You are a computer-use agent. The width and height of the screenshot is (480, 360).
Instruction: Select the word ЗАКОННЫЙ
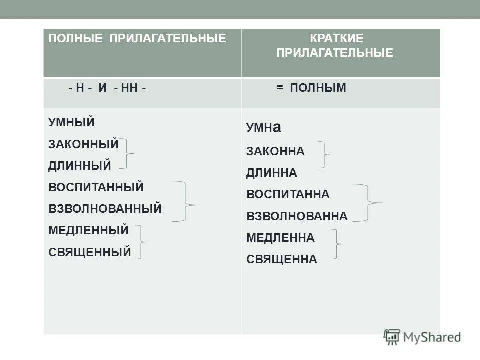83,144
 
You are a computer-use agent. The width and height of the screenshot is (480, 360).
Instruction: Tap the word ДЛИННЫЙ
80,165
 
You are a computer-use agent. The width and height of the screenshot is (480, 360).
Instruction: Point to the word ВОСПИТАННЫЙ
96,187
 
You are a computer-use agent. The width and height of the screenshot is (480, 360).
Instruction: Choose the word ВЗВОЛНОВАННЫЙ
105,209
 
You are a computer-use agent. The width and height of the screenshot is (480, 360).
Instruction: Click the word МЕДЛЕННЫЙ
88,230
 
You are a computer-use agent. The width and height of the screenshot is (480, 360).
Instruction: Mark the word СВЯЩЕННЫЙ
90,252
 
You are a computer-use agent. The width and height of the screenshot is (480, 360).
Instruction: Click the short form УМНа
264,128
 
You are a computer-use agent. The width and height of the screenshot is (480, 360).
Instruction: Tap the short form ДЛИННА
272,173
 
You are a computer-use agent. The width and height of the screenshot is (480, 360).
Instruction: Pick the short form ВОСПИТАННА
288,194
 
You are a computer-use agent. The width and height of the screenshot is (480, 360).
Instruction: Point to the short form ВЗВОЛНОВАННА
297,216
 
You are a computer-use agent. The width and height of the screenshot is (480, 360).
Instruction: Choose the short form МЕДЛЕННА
280,238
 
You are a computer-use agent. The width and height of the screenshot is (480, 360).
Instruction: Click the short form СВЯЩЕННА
282,259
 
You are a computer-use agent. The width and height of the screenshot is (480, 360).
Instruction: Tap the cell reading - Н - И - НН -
108,88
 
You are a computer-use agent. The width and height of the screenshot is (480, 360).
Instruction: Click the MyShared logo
422,337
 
